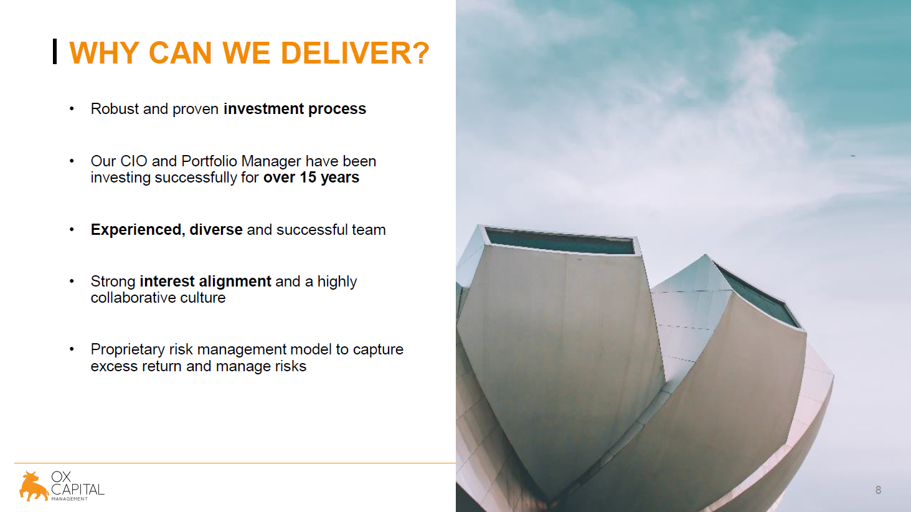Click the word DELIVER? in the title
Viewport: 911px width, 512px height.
tap(355, 53)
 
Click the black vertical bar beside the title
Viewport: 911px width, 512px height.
tap(55, 51)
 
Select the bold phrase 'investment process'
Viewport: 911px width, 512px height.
tap(295, 109)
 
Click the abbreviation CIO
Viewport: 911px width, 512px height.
tap(134, 161)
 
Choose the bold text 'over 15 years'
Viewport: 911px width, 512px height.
tap(311, 178)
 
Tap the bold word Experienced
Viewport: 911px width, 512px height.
tap(136, 230)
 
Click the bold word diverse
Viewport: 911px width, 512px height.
tap(216, 230)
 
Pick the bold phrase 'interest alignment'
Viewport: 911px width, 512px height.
tap(205, 282)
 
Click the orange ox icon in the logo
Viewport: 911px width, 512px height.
tap(34, 486)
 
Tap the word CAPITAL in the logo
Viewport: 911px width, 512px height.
tap(78, 489)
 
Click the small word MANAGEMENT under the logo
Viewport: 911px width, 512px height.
tap(69, 499)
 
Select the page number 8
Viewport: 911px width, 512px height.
tap(878, 490)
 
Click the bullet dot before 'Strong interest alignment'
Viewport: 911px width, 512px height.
tap(72, 282)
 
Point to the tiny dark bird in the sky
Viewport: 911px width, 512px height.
tap(853, 156)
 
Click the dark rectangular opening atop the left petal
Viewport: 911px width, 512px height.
tap(560, 241)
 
